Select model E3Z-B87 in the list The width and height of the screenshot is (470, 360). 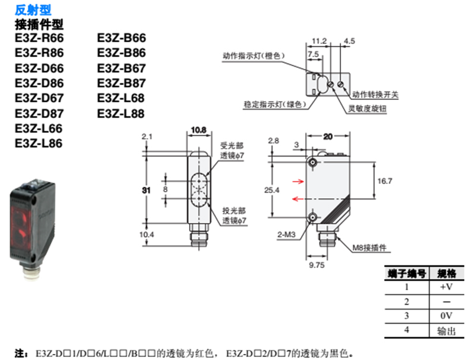[121, 83]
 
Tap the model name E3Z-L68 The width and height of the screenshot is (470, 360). [121, 98]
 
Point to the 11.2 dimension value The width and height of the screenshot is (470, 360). [319, 41]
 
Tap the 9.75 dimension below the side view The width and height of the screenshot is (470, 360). [315, 267]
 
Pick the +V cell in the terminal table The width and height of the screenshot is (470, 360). [446, 287]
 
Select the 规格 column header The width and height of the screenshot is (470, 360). [446, 273]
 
